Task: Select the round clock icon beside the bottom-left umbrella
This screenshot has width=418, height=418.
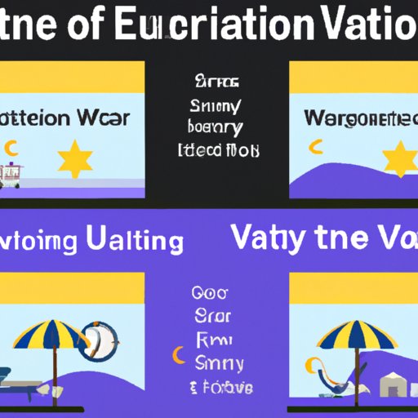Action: (x=100, y=340)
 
